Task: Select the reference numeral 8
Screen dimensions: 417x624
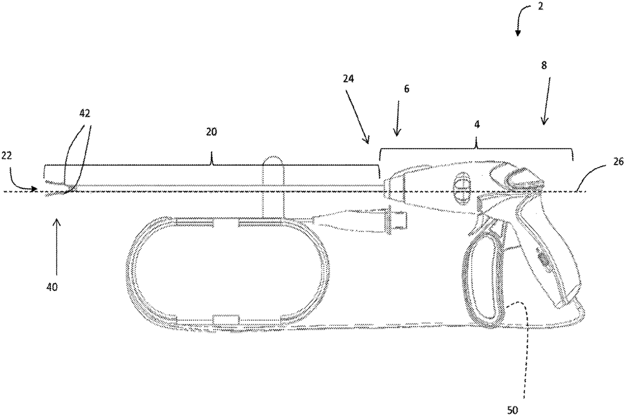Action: (543, 65)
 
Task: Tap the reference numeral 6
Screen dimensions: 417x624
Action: (407, 89)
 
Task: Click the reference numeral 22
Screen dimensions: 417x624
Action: (7, 157)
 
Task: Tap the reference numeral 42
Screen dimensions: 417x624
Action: (85, 114)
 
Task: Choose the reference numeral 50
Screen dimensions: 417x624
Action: (512, 410)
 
